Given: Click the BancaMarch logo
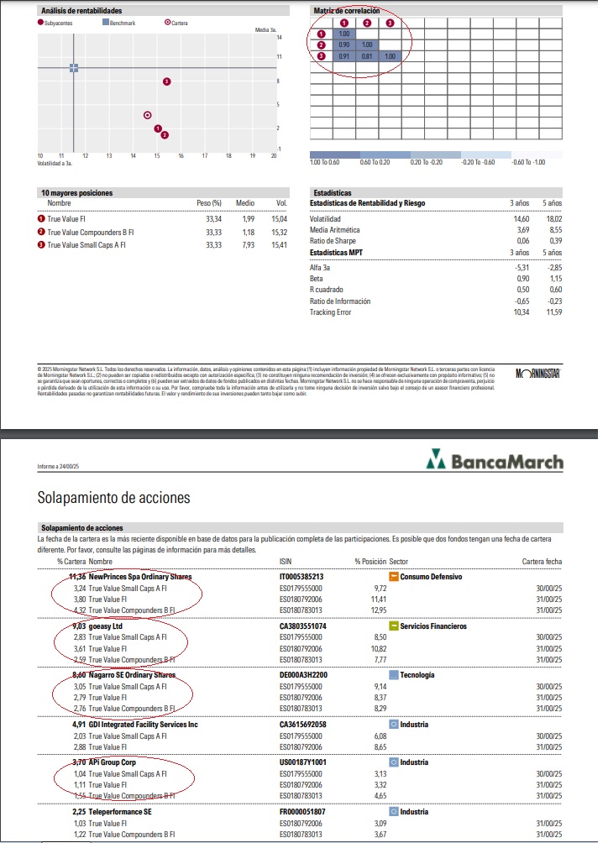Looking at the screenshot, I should pyautogui.click(x=495, y=462).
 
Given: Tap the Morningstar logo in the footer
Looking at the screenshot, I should pyautogui.click(x=537, y=372).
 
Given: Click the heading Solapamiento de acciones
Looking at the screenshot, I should pyautogui.click(x=113, y=497).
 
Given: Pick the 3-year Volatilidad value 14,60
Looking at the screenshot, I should pyautogui.click(x=521, y=218).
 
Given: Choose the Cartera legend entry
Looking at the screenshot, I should pyautogui.click(x=177, y=23).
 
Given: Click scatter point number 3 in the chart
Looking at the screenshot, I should pyautogui.click(x=167, y=81).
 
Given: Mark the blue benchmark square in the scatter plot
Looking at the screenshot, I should pyautogui.click(x=74, y=67).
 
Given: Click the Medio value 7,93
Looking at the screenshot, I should pyautogui.click(x=245, y=244).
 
